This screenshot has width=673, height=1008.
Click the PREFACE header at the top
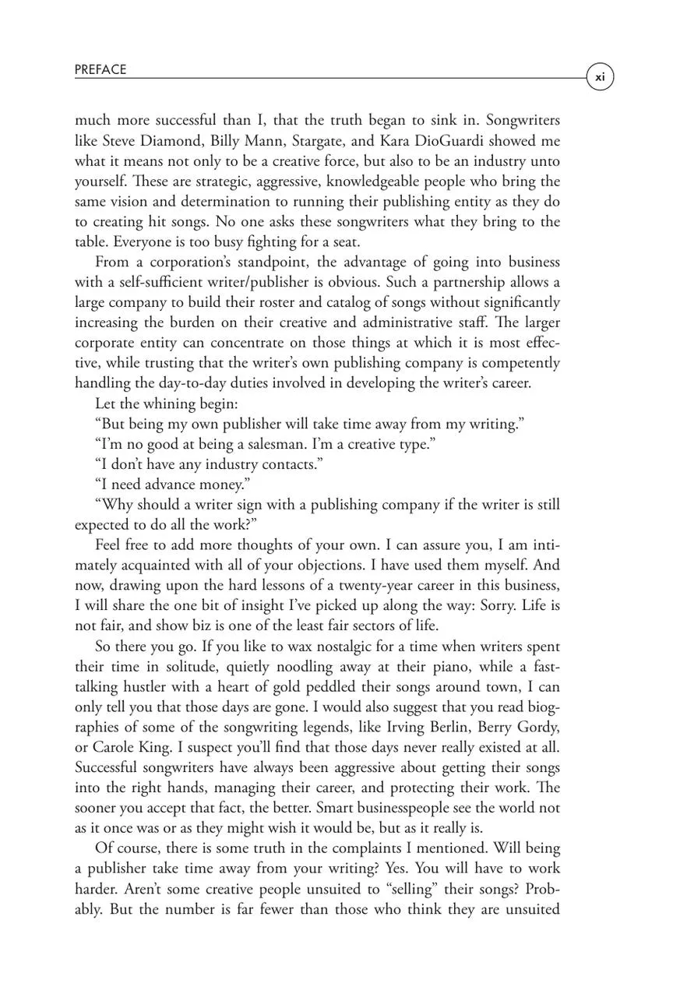pos(100,70)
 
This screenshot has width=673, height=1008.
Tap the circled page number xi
pos(600,77)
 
